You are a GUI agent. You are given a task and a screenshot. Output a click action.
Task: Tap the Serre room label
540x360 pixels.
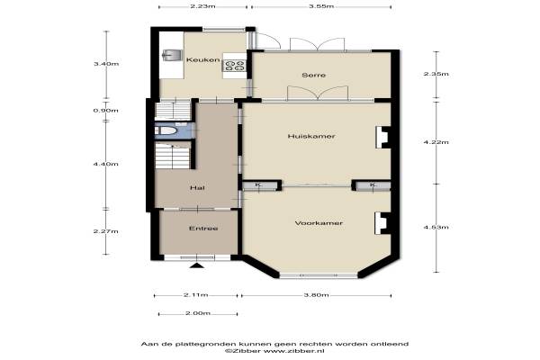[x=314, y=75]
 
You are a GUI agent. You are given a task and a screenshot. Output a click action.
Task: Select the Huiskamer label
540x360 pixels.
[x=311, y=137]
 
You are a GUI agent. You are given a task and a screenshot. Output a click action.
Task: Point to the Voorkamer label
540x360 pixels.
[x=319, y=223]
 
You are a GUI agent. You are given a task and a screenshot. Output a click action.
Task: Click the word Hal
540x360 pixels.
[x=197, y=188]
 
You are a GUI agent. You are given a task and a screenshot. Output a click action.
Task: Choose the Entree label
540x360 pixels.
[x=203, y=229]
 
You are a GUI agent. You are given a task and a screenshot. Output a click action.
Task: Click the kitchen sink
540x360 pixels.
[x=172, y=55]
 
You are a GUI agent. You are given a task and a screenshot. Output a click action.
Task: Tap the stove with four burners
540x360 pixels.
[x=235, y=65]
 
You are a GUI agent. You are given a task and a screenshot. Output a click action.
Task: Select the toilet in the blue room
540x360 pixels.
[x=166, y=130]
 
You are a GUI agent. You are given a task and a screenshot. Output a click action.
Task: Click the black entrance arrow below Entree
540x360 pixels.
[x=196, y=265]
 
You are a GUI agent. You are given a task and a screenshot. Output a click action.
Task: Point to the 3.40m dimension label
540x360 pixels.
[x=106, y=64]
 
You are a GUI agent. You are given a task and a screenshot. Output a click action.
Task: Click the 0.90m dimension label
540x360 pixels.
[x=105, y=111]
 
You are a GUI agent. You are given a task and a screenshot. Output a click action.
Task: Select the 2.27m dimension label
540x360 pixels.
[x=105, y=231]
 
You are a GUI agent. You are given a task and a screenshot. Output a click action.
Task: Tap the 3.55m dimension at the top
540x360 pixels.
[x=321, y=6]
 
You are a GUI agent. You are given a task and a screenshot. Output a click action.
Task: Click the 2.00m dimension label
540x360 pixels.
[x=198, y=313]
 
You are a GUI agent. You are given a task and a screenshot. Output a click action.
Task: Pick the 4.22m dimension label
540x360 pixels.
[x=436, y=142]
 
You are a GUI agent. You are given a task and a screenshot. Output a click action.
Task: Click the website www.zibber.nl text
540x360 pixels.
[x=294, y=351]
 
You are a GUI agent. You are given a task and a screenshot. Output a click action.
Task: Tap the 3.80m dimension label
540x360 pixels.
[x=316, y=295]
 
